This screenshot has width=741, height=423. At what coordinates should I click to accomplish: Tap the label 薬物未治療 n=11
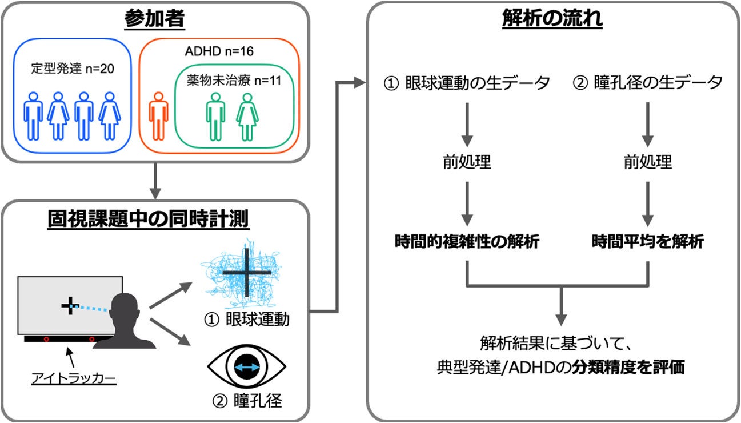coord(234,81)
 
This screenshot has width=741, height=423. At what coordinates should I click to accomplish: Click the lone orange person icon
coord(157,119)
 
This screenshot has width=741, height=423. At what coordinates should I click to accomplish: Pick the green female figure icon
coord(247,117)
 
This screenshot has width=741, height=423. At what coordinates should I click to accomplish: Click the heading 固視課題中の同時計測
coord(155,218)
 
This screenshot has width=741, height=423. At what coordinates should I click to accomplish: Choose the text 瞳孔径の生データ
coord(648,83)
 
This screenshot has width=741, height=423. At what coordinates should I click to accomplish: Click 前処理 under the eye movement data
coord(467,163)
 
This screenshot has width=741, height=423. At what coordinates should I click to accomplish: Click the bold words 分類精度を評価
coord(634,367)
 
